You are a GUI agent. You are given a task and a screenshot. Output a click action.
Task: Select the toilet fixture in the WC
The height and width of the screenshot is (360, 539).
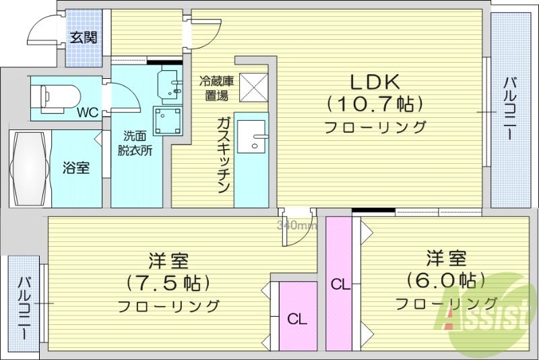point(58,96)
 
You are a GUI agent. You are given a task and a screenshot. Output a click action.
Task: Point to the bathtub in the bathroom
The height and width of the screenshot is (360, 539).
point(30,168)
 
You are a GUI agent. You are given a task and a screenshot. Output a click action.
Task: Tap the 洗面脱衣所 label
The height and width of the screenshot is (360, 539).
point(137,142)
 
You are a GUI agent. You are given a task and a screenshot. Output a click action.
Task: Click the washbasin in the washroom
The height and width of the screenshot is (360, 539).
point(170,84)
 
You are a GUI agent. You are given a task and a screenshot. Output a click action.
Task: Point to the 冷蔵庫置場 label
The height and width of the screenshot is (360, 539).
point(217,88)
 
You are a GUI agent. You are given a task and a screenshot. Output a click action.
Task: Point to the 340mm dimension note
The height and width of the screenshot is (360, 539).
point(297,225)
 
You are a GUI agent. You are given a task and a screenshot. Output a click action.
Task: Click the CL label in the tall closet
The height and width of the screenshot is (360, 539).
point(340,284)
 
